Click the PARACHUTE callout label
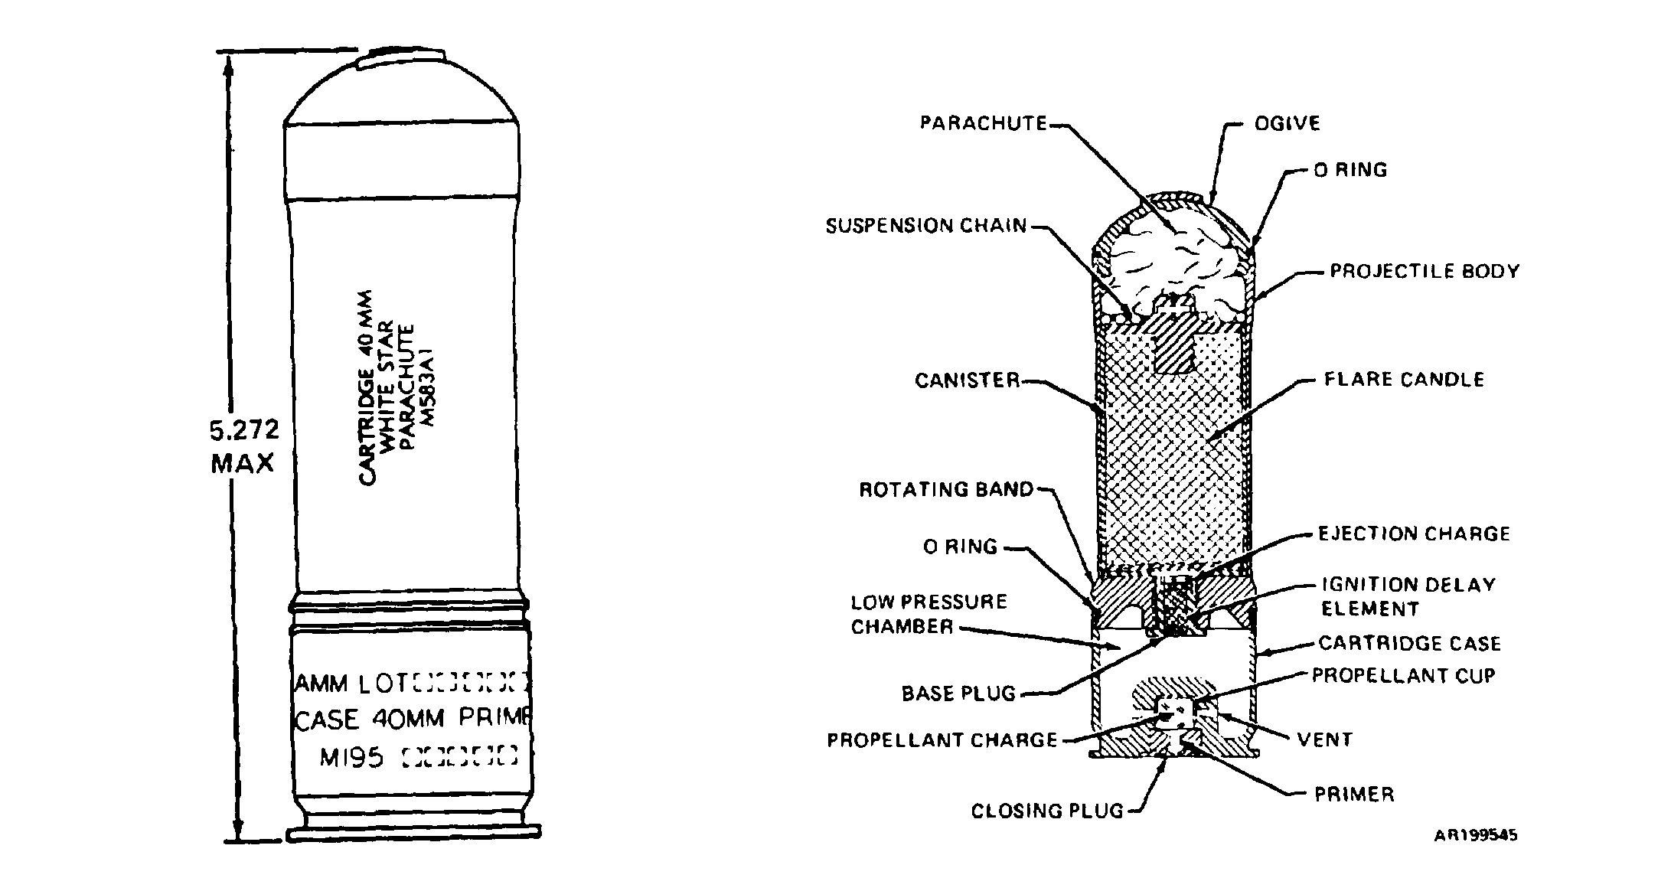[x=983, y=123]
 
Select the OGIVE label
[x=1287, y=123]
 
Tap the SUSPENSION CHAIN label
[x=926, y=226]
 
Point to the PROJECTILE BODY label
[x=1424, y=272]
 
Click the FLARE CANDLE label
[x=1404, y=380]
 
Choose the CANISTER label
[x=968, y=380]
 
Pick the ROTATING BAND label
[x=946, y=489]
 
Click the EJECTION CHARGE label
[x=1414, y=534]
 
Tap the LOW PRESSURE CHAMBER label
[x=929, y=614]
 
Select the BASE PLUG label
[x=958, y=694]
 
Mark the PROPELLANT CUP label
[x=1403, y=675]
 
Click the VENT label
[x=1324, y=739]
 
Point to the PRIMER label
[x=1353, y=794]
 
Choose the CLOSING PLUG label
[x=1047, y=811]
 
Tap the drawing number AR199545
[x=1475, y=834]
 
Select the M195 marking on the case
[x=351, y=758]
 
